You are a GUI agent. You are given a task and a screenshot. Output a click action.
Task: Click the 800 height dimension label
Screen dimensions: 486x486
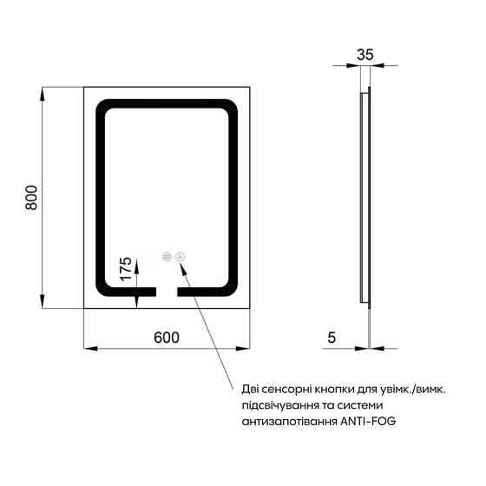click(31, 198)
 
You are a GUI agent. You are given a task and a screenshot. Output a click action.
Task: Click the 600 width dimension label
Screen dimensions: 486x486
click(167, 338)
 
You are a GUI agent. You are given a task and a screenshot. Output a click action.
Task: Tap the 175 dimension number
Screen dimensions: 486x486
click(126, 269)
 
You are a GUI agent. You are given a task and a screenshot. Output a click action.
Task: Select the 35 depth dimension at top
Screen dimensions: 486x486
click(365, 55)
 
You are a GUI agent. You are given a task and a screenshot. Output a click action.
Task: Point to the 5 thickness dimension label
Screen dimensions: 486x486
click(332, 338)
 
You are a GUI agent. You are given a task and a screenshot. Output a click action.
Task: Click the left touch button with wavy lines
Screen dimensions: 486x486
click(167, 257)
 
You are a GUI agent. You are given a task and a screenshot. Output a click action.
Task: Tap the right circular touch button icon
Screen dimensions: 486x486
click(181, 257)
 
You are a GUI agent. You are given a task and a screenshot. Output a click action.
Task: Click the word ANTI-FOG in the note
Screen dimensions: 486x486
click(368, 421)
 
